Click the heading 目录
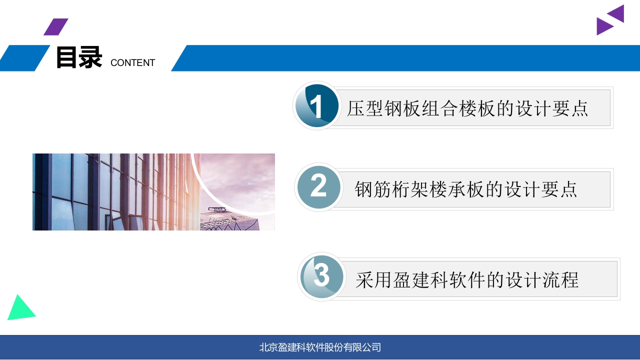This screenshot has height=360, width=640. tap(79, 57)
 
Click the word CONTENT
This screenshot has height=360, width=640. tap(132, 62)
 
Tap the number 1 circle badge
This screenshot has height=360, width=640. tap(316, 105)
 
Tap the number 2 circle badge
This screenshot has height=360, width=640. tap(318, 187)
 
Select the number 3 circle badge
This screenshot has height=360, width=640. tap(321, 276)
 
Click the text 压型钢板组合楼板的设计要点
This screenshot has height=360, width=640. tap(467, 108)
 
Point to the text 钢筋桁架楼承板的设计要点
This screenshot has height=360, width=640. tap(465, 189)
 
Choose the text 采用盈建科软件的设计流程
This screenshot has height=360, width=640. tap(467, 280)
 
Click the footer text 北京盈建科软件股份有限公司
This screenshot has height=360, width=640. tap(320, 347)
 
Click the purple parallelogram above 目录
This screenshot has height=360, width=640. tap(56, 27)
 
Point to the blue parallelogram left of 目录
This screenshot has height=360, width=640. tap(24, 58)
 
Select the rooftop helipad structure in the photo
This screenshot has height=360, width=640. tap(217, 210)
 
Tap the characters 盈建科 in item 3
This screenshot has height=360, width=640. tap(420, 280)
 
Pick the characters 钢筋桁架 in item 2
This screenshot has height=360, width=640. tap(391, 189)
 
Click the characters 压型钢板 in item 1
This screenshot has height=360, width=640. tap(383, 108)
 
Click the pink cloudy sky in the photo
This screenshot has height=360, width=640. tap(240, 177)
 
